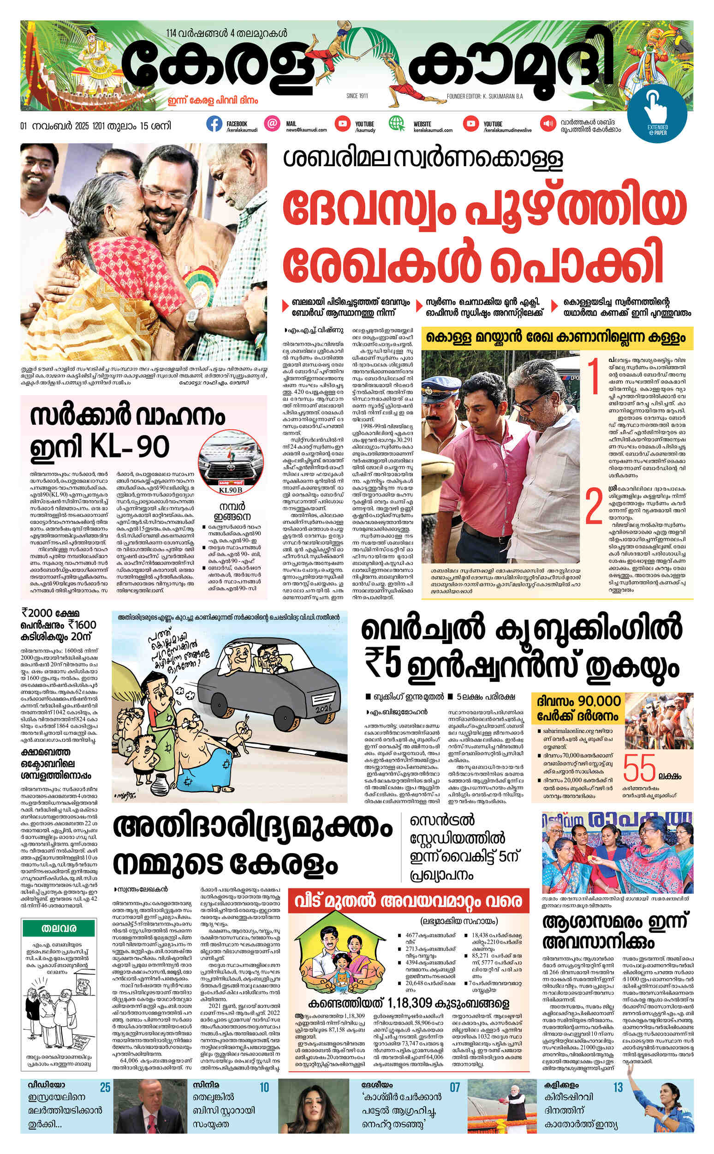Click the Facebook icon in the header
pyautogui.click(x=214, y=124)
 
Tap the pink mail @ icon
pyautogui.click(x=272, y=124)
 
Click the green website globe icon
pyautogui.click(x=396, y=124)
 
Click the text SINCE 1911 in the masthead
pyautogui.click(x=357, y=96)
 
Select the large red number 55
pyautogui.click(x=639, y=768)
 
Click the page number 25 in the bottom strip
pyautogui.click(x=105, y=1088)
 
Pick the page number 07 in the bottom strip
pyautogui.click(x=454, y=1088)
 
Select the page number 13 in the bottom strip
pyautogui.click(x=618, y=1088)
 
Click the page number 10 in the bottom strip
pyautogui.click(x=264, y=1088)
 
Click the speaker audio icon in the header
pyautogui.click(x=548, y=124)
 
